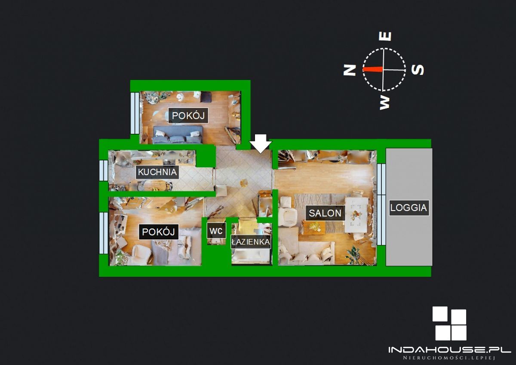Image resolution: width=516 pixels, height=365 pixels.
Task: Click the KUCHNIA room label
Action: coord(157,172)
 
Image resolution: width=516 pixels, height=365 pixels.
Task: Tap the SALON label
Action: coord(325,213)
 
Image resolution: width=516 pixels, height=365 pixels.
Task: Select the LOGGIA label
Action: coord(409,208)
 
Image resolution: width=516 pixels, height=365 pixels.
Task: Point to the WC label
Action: coord(216,231)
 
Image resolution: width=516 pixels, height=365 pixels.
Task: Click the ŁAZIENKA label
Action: coord(251,242)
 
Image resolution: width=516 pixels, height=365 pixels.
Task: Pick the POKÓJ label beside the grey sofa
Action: coord(188,115)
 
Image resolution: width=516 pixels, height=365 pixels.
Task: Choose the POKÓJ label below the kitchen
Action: coord(159,232)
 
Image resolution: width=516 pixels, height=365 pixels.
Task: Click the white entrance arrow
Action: coord(261,144)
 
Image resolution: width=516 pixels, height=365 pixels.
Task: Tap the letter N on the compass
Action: coord(350,70)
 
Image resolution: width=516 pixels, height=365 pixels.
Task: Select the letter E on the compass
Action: coord(385,37)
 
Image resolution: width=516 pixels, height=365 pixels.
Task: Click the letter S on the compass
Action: coord(418,70)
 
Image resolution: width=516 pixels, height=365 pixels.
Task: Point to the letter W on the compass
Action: coord(384,102)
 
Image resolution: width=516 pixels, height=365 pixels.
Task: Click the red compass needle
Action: coord(373,69)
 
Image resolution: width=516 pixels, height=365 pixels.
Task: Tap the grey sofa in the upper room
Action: coord(177,135)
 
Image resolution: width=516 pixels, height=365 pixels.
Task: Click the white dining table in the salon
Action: coord(356,215)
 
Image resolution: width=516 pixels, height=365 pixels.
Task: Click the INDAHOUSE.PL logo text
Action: coord(450,350)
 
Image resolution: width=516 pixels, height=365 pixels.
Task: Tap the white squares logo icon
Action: coord(449,324)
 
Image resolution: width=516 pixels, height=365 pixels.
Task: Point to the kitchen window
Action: coord(104,170)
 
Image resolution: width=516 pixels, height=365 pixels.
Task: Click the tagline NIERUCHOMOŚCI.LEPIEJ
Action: coord(449,358)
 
